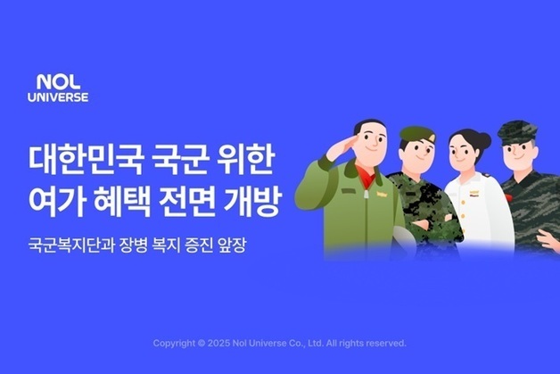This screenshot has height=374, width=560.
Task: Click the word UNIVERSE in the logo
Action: tap(57, 96)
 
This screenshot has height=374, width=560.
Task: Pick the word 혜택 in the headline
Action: tap(121, 204)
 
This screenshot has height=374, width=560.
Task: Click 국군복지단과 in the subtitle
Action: tap(69, 243)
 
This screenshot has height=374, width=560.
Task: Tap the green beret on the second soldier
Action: tap(416, 134)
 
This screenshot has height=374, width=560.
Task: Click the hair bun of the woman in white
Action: tap(484, 139)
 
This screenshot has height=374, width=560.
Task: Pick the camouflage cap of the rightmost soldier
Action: tap(519, 132)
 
